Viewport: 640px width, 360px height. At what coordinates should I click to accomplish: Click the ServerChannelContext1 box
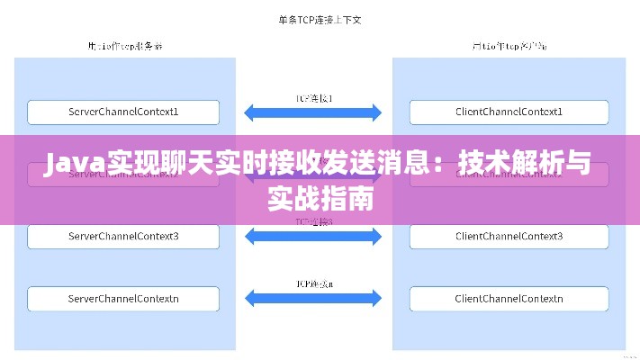(124, 112)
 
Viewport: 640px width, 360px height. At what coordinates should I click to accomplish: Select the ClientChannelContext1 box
(509, 112)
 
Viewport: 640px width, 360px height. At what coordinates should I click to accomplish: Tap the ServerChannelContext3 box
(124, 237)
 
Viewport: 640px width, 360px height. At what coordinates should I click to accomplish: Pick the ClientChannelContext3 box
(509, 237)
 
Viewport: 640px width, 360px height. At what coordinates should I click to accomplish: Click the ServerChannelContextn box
(124, 298)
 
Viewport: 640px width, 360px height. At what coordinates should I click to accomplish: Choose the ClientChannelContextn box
(509, 298)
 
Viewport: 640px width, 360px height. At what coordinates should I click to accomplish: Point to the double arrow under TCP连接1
(314, 112)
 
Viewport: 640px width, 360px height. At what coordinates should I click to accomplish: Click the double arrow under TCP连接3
(314, 237)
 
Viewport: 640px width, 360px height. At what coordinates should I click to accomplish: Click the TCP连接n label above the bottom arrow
(314, 282)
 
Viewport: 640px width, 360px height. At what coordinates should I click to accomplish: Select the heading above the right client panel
(509, 44)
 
